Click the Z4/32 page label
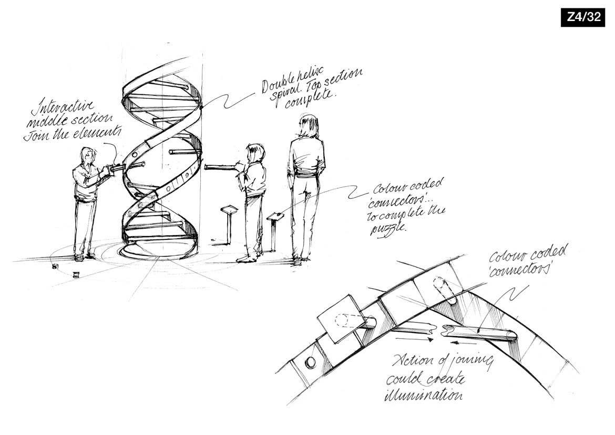(x=583, y=17)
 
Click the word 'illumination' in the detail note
(x=423, y=394)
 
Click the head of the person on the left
(x=88, y=156)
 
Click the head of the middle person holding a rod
(x=256, y=153)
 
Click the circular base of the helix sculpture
(x=158, y=252)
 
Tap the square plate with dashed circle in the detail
(x=337, y=319)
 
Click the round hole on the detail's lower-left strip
(x=310, y=362)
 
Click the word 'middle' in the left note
(x=43, y=123)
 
